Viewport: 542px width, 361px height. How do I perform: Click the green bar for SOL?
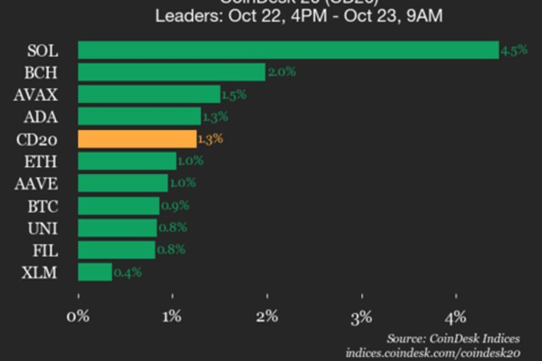(x=288, y=50)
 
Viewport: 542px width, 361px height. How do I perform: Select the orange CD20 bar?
(x=137, y=139)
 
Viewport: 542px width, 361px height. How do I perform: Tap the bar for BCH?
(x=171, y=72)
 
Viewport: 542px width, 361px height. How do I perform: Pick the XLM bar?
(x=95, y=272)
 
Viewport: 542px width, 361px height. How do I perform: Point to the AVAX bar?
(x=149, y=94)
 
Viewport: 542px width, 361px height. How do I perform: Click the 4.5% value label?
(x=514, y=50)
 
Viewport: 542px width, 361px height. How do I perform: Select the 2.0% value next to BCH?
(x=281, y=72)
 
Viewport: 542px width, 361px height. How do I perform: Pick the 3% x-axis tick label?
(x=362, y=316)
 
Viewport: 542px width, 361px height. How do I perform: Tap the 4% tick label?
(x=456, y=316)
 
